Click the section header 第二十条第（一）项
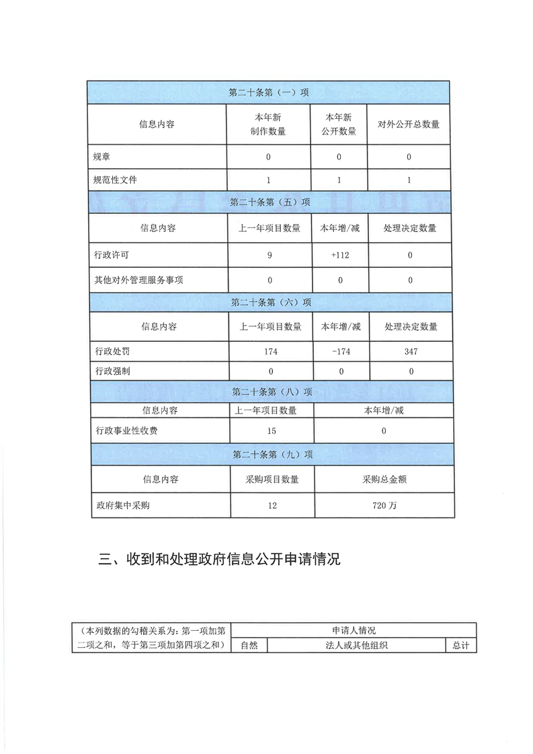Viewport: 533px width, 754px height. coord(268,92)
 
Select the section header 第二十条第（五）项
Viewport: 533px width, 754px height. coord(270,202)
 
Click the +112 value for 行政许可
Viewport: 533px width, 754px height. coord(339,255)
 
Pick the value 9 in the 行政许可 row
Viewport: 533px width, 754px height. coord(269,255)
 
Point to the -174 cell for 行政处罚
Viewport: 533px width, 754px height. coord(341,352)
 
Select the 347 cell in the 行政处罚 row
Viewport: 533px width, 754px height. coord(411,352)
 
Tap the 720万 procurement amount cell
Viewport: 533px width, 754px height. coord(384,505)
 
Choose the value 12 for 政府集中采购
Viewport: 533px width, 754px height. coord(272,505)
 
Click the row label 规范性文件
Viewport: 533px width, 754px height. coord(120,180)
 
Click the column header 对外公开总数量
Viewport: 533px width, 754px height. coord(409,124)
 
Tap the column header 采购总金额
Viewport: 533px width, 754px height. coord(382,480)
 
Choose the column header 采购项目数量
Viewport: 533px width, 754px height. coord(273,480)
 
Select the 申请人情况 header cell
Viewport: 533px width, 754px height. coord(354,631)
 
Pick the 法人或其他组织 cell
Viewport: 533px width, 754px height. coord(356,646)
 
